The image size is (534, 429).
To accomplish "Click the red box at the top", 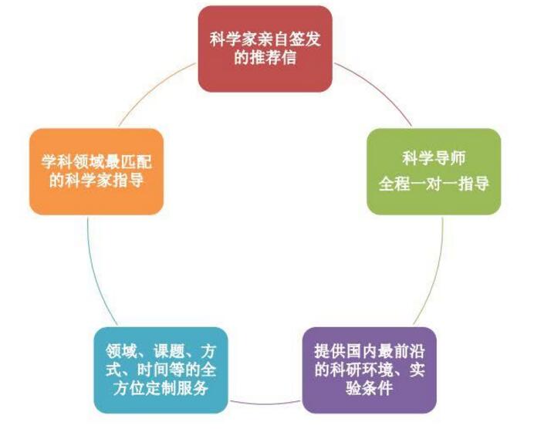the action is click(x=265, y=49).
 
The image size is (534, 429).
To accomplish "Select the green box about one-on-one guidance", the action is click(x=434, y=171).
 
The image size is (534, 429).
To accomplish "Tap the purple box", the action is click(x=370, y=370).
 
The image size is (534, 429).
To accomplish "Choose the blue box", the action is click(x=161, y=370).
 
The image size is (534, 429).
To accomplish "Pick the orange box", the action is click(x=96, y=171).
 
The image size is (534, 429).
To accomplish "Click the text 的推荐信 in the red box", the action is click(x=265, y=58).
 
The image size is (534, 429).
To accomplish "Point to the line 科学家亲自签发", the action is click(x=265, y=39).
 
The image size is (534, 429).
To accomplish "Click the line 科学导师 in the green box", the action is click(x=434, y=159).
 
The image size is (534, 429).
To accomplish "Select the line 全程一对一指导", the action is click(x=434, y=184).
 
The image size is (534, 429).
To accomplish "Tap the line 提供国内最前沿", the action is click(x=370, y=351).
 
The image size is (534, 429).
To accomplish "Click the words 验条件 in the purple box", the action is click(x=370, y=388).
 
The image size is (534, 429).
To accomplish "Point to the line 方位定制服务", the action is click(x=161, y=388).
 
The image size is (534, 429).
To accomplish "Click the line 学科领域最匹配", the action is click(x=96, y=162).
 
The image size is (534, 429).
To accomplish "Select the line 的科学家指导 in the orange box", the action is click(x=96, y=181).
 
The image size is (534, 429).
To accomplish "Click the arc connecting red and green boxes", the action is click(x=379, y=88).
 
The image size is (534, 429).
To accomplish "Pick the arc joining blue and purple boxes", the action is click(x=265, y=404).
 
